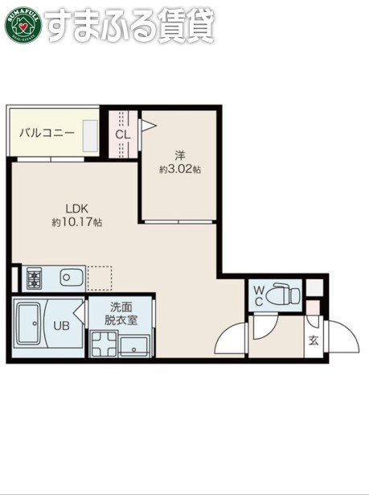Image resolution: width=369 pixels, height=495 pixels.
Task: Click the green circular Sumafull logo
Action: pyautogui.click(x=23, y=24)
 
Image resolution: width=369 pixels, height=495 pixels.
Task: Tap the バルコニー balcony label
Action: pyautogui.click(x=47, y=132)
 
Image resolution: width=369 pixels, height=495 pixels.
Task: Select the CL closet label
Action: pyautogui.click(x=122, y=134)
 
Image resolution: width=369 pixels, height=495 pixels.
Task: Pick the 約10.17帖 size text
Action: pyautogui.click(x=76, y=221)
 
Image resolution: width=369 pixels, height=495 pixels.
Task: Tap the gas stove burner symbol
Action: pyautogui.click(x=35, y=279)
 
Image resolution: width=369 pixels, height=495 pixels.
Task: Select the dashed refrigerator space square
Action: pyautogui.click(x=99, y=278)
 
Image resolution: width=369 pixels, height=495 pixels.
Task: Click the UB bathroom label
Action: pyautogui.click(x=62, y=326)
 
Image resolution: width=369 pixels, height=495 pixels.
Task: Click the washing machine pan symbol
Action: pyautogui.click(x=103, y=347)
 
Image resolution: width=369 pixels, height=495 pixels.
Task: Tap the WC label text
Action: pyautogui.click(x=259, y=295)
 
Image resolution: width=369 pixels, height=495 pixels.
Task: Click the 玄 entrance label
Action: pyautogui.click(x=313, y=340)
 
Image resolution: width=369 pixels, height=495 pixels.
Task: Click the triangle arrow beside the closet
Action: pyautogui.click(x=149, y=125)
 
